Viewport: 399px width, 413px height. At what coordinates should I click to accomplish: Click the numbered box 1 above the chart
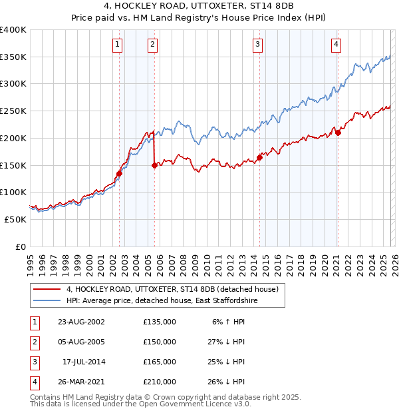pos(117,45)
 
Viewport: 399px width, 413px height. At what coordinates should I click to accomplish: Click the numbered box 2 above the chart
pos(152,45)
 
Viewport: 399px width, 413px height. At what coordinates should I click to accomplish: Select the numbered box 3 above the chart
pos(257,45)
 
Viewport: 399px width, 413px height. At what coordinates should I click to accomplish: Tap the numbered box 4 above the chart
pos(336,45)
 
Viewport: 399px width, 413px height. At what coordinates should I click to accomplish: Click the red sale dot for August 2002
pos(120,173)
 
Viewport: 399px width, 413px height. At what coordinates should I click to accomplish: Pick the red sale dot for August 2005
pos(154,165)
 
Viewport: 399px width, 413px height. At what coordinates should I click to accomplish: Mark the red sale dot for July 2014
pos(259,157)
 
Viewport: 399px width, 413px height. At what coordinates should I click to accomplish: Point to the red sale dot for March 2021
pos(338,133)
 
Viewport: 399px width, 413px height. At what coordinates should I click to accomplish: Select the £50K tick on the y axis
pos(15,218)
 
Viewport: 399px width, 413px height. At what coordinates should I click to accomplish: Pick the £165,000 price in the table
pos(160,362)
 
